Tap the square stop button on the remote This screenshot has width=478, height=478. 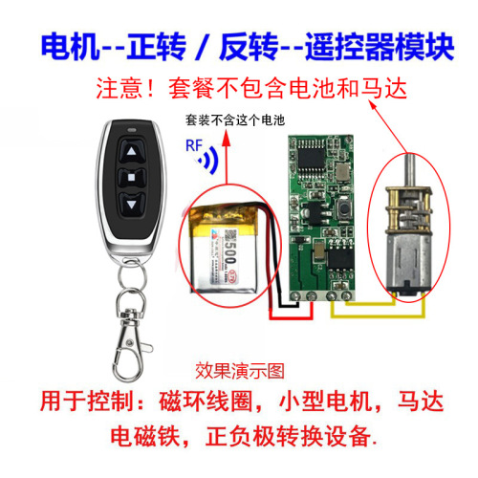pos(129,177)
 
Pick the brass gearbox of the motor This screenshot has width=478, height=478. pos(407,201)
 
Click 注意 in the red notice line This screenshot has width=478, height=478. pos(119,89)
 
